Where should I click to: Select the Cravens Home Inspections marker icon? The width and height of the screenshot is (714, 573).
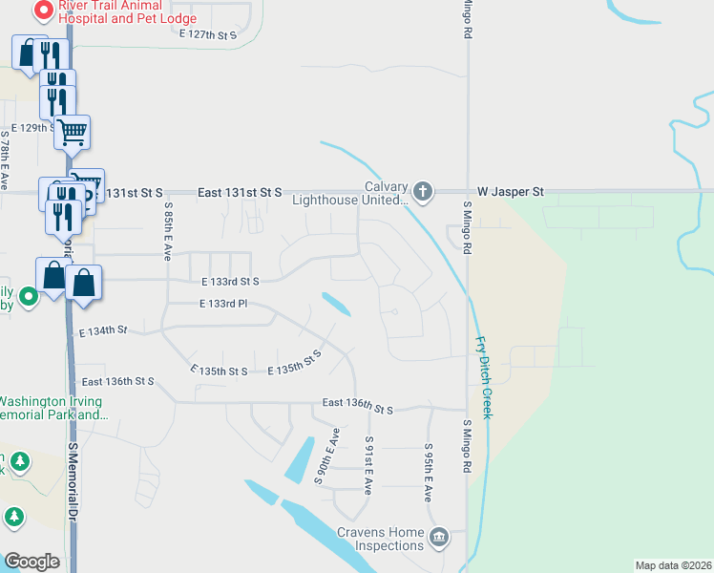pyautogui.click(x=438, y=537)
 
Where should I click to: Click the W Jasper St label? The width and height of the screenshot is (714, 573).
pyautogui.click(x=511, y=192)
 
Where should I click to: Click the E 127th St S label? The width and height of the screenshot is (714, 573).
pyautogui.click(x=207, y=33)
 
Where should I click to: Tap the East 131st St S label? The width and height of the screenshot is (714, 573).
pyautogui.click(x=240, y=192)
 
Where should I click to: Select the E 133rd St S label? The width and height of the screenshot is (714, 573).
pyautogui.click(x=230, y=282)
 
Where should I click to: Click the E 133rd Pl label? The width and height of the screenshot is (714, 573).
pyautogui.click(x=223, y=304)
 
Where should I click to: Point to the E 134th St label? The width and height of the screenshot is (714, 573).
pyautogui.click(x=103, y=330)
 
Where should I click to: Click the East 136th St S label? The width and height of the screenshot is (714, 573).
pyautogui.click(x=358, y=408)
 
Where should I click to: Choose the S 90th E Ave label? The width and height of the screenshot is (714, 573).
pyautogui.click(x=326, y=456)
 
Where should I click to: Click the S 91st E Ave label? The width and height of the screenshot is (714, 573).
pyautogui.click(x=368, y=464)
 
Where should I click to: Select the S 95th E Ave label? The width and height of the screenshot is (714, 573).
pyautogui.click(x=429, y=473)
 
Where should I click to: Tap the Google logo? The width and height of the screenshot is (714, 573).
pyautogui.click(x=31, y=562)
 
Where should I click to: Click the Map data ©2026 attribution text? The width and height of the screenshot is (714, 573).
pyautogui.click(x=673, y=565)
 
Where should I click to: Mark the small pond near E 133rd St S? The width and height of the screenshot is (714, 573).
pyautogui.click(x=335, y=304)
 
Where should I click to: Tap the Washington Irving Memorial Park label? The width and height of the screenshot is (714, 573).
pyautogui.click(x=52, y=408)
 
